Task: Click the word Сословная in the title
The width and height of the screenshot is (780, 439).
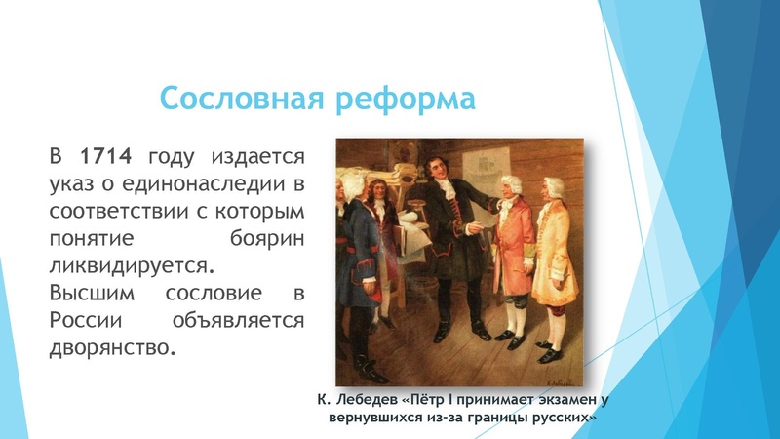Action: pos(238,100)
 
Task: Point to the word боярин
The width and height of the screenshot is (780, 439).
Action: pos(263,237)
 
